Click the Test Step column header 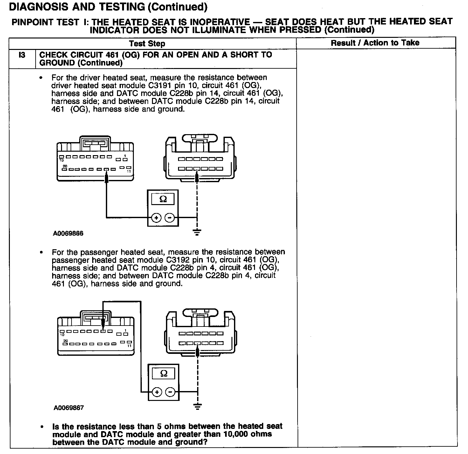147,44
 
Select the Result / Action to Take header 375,43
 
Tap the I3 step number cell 22,55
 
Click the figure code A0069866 68,233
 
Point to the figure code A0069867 69,408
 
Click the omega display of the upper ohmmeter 163,199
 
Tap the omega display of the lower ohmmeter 164,373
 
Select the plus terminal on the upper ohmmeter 156,218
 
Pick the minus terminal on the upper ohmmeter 170,218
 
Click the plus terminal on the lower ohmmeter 157,392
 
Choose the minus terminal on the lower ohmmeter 171,392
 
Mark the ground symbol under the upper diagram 197,232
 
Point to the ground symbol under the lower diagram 197,406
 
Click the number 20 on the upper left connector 65,166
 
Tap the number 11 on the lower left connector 129,346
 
